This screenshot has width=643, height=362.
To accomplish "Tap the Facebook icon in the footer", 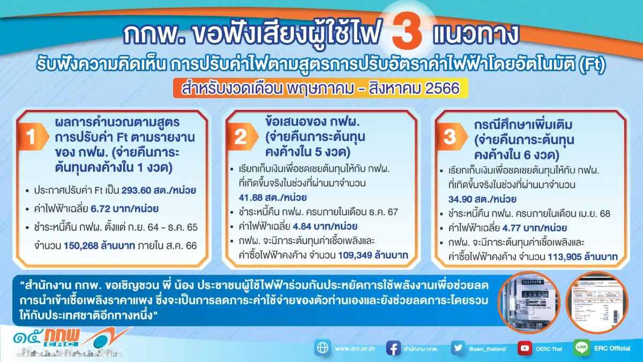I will click(393, 348).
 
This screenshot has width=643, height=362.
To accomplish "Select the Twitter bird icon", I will click(458, 348).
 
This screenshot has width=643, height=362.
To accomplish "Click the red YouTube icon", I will click(525, 348).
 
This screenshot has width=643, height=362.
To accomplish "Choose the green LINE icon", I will click(582, 348).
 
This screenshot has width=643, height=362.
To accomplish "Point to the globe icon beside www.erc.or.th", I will click(323, 348).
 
